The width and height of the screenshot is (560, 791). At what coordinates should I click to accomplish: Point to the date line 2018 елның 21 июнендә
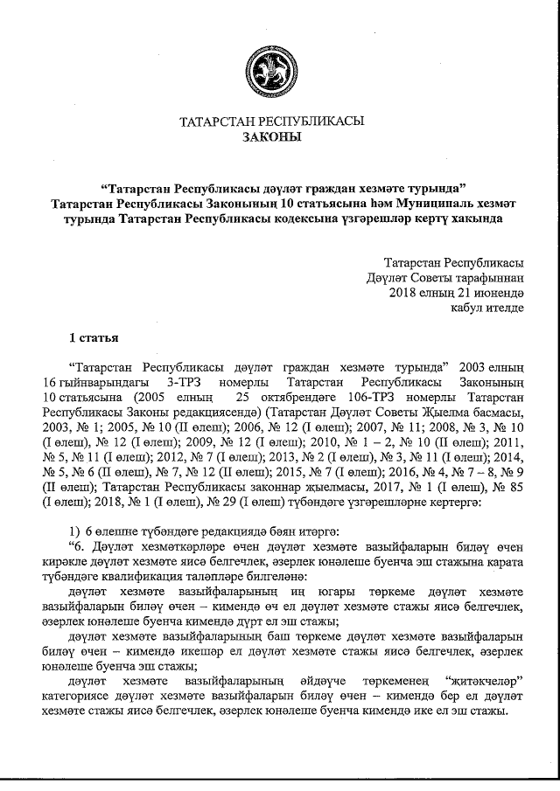pos(456,292)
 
